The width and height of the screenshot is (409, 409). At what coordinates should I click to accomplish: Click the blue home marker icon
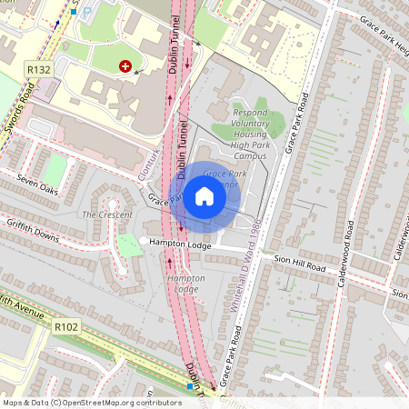pos(204,196)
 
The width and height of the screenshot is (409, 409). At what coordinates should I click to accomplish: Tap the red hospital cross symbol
pos(125,66)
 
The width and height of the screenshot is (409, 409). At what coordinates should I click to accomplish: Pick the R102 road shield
pos(65,325)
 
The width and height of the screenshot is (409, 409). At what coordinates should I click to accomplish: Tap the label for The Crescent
pos(101,214)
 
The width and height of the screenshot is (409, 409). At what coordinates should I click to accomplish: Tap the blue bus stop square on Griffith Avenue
pos(190,386)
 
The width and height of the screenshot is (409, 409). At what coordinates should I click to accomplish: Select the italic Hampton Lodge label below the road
pos(185,283)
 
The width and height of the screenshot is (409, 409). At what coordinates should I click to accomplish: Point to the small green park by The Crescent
pos(129,244)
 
